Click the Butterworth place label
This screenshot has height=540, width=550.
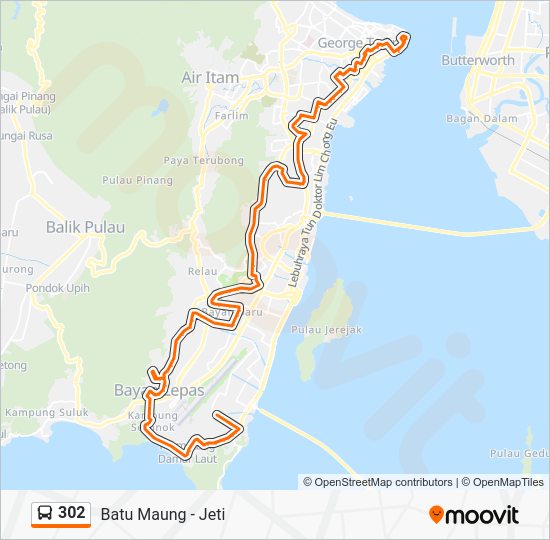478,61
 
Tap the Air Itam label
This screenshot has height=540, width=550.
207,77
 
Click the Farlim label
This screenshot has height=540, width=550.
231,116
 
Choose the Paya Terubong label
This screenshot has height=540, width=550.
204,160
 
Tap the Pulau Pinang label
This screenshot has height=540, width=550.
137,181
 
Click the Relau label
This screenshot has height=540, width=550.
202,271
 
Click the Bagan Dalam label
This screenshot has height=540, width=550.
482,119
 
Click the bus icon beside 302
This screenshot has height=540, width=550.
45,514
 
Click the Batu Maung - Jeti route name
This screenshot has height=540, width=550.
162,515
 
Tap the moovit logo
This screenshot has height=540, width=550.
474,515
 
